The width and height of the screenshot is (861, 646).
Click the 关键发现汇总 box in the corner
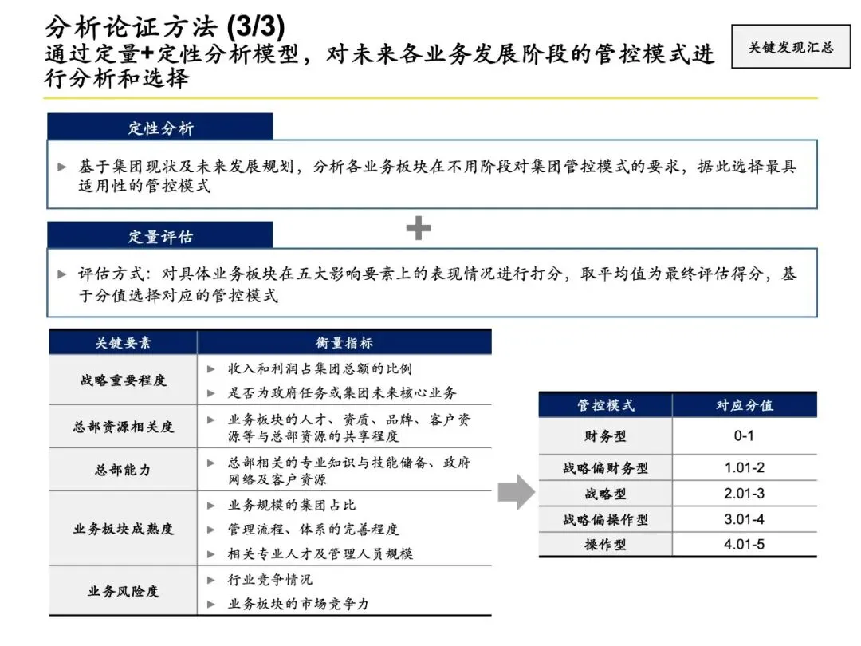pyautogui.click(x=790, y=47)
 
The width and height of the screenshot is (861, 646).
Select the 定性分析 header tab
pyautogui.click(x=160, y=128)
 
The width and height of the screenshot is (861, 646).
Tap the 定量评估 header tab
pyautogui.click(x=160, y=236)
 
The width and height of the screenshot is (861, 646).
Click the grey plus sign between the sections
pyautogui.click(x=419, y=229)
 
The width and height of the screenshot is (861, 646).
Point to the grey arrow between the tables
pyautogui.click(x=516, y=492)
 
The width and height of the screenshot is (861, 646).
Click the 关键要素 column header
pyautogui.click(x=123, y=343)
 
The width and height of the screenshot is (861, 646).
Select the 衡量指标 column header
pyautogui.click(x=344, y=343)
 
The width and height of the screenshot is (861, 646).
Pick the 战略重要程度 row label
pyautogui.click(x=123, y=380)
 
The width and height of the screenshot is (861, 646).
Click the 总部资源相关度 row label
pyautogui.click(x=123, y=427)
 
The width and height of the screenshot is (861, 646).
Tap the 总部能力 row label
pyautogui.click(x=123, y=470)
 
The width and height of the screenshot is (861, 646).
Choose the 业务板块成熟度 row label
pyautogui.click(x=123, y=528)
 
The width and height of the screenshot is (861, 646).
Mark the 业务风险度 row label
pyautogui.click(x=123, y=591)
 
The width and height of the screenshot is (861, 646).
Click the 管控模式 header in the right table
pyautogui.click(x=606, y=405)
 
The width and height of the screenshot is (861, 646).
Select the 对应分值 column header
pyautogui.click(x=744, y=405)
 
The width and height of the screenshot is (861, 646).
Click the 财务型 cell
pyautogui.click(x=606, y=436)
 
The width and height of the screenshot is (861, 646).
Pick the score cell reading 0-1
pyautogui.click(x=744, y=436)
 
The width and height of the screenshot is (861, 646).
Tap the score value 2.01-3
pyautogui.click(x=744, y=494)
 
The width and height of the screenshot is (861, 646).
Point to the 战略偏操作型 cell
pyautogui.click(x=606, y=519)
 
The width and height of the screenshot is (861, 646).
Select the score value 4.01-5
pyautogui.click(x=744, y=545)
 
